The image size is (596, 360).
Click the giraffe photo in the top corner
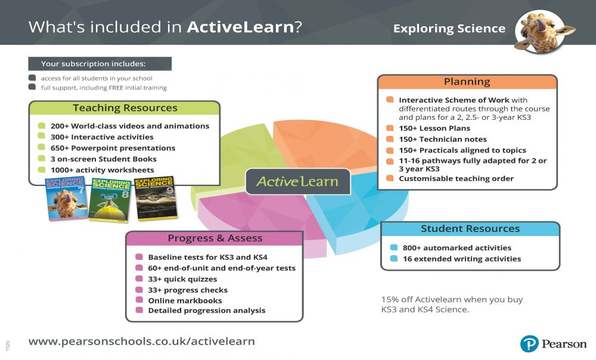[541, 31]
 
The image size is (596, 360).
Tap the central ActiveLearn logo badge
[297, 182]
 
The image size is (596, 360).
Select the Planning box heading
[467, 82]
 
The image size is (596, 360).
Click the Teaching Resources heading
[125, 108]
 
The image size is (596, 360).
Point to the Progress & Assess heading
[215, 238]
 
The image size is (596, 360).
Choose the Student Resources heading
[470, 229]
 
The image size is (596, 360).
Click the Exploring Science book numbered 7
[66, 199]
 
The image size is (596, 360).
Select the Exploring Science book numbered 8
[110, 198]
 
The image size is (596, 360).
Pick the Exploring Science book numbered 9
[154, 198]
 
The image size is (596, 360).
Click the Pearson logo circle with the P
[529, 344]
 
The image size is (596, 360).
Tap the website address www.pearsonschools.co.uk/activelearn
[142, 342]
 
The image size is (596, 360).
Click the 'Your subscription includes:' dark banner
[100, 64]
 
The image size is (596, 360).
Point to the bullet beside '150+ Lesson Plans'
[389, 128]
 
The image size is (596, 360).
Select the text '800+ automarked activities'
[457, 248]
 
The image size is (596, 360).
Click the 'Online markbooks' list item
[185, 301]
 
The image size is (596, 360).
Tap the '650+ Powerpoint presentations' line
[113, 148]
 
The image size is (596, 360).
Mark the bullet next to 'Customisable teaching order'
[389, 178]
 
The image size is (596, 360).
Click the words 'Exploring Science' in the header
[449, 29]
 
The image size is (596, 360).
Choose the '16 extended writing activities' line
[461, 259]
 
